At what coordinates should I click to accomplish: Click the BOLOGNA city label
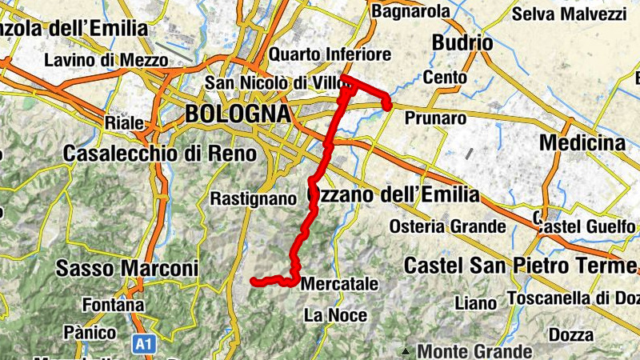[237, 114]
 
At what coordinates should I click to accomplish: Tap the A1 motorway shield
[143, 344]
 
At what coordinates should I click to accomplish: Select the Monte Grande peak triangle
[406, 351]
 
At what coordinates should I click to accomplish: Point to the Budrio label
[461, 42]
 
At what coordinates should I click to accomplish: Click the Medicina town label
[583, 142]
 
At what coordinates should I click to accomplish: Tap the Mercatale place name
[339, 283]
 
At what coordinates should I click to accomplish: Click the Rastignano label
[248, 198]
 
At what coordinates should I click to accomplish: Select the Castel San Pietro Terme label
[522, 264]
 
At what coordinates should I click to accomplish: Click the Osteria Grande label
[449, 226]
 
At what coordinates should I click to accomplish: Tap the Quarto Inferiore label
[330, 54]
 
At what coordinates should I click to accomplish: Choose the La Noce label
[335, 315]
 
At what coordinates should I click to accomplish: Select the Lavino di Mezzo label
[106, 60]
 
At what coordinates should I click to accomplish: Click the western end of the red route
[254, 281]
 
